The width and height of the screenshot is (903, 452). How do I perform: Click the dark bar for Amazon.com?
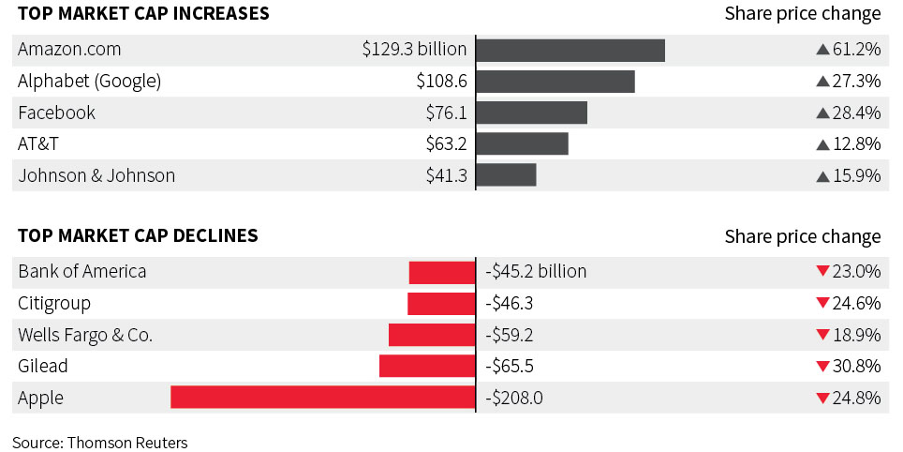(x=570, y=50)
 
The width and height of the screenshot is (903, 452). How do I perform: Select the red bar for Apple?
(x=323, y=398)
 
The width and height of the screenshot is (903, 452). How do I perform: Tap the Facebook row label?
(x=56, y=113)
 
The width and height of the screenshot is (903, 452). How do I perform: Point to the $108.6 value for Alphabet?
(x=441, y=82)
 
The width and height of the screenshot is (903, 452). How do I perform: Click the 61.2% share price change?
(x=857, y=50)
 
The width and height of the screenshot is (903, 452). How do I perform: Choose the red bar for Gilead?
(x=427, y=366)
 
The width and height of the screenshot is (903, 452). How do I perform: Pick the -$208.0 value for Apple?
(x=515, y=398)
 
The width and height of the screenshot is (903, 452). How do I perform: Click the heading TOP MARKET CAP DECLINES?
(x=138, y=235)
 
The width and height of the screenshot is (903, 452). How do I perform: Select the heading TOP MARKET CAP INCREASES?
(x=143, y=14)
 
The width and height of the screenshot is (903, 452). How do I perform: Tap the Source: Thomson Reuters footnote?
(x=100, y=442)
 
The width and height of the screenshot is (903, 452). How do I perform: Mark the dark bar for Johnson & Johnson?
(x=507, y=175)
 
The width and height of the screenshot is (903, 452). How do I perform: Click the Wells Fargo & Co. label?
(x=85, y=335)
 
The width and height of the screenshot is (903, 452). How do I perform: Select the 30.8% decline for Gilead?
(x=857, y=366)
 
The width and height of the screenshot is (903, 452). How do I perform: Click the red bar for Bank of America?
(x=442, y=272)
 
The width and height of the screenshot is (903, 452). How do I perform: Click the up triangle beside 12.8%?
(x=823, y=144)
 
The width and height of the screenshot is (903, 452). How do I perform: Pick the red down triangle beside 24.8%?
(x=822, y=398)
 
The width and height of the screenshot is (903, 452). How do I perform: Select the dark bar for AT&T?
(x=523, y=144)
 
